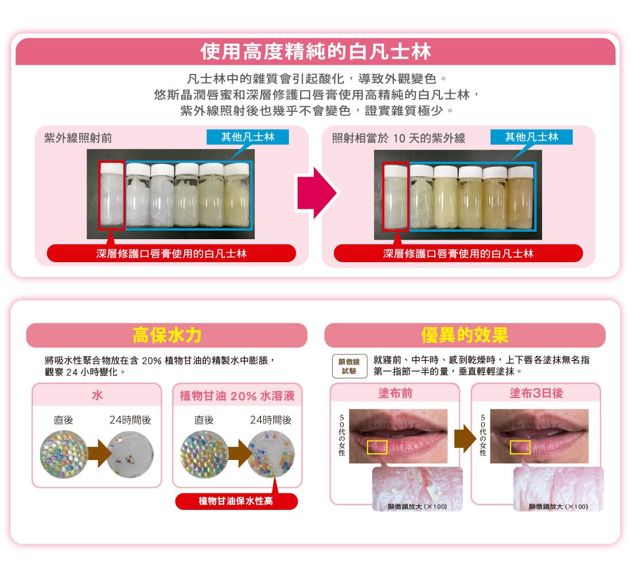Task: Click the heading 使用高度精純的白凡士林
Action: click(x=315, y=53)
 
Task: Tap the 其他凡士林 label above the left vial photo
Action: click(x=248, y=137)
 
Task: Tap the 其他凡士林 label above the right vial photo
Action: click(x=531, y=137)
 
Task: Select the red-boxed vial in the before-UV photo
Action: click(x=111, y=195)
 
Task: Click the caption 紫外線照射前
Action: click(x=78, y=138)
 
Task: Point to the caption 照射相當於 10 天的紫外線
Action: click(x=398, y=138)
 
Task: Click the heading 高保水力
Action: click(x=166, y=335)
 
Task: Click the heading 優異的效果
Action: click(x=465, y=335)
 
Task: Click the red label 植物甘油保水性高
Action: click(x=236, y=501)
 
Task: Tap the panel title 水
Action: click(x=96, y=395)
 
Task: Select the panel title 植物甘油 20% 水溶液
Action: click(x=237, y=396)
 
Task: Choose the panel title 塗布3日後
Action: click(x=535, y=395)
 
